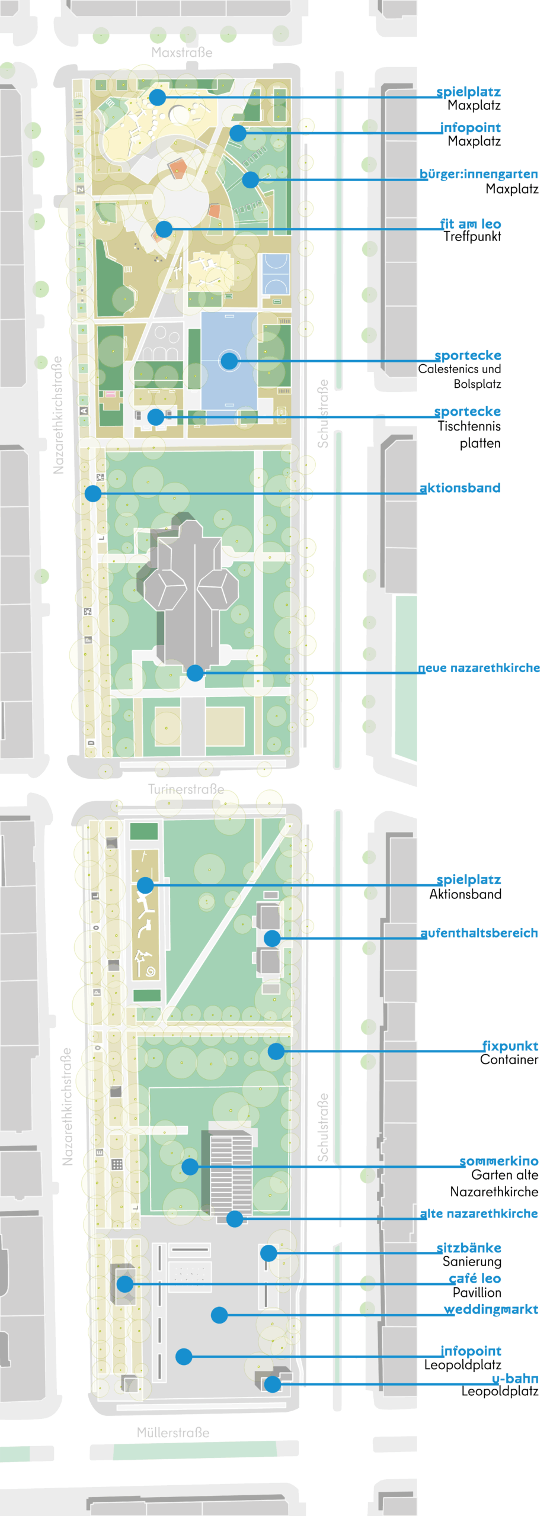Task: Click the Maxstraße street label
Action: pos(182,53)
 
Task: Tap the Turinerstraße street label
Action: pos(186,789)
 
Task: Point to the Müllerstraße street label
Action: pos(173,1433)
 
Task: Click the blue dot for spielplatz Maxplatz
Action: pos(157,97)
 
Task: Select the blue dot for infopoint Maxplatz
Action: pos(238,133)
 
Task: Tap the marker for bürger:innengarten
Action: pos(251,179)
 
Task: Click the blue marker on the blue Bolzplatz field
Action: pos(229,361)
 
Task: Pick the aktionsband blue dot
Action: pos(93,493)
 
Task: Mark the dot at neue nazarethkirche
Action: pos(195,673)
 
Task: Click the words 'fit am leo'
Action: pos(471,224)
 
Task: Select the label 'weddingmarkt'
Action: pos(491,1309)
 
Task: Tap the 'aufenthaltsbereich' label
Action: pos(479,933)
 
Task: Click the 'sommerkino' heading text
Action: pos(499,1161)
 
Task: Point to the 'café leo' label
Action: pos(475,1279)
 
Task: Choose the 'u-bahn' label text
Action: pos(515,1379)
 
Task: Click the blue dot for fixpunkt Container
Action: pos(276,1051)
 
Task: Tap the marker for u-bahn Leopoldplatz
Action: pos(272,1384)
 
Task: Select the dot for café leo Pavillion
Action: pos(125,1284)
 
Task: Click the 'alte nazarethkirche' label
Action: pos(479,1213)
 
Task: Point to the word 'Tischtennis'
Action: pos(469,426)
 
